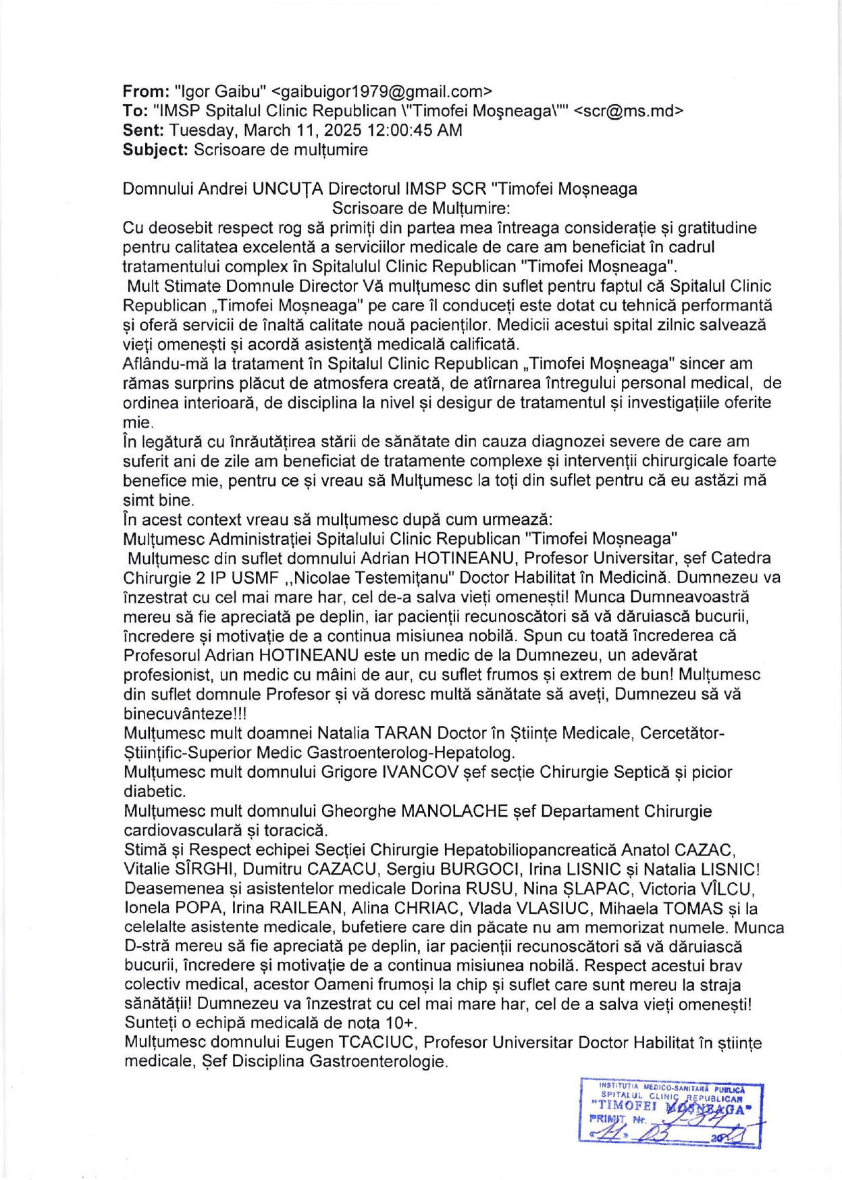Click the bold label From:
145,91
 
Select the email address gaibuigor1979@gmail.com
381,91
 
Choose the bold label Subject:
155,150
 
